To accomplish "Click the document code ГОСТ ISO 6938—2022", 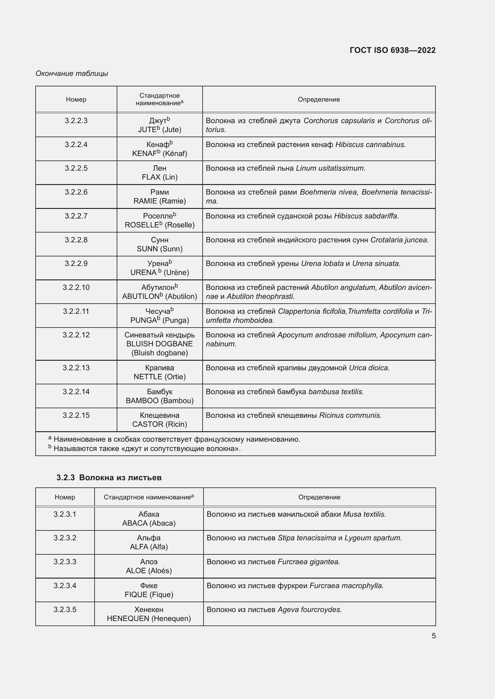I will pyautogui.click(x=393, y=50).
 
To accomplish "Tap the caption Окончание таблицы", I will pyautogui.click(x=72, y=74).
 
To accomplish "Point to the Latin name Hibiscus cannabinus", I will pyautogui.click(x=370, y=145).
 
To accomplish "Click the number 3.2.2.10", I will pyautogui.click(x=76, y=287).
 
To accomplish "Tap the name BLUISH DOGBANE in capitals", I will pyautogui.click(x=160, y=344).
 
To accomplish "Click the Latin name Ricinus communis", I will pyautogui.click(x=350, y=415).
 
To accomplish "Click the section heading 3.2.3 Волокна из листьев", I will pyautogui.click(x=109, y=477).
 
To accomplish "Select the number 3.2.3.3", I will pyautogui.click(x=65, y=562).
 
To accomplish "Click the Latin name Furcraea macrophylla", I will pyautogui.click(x=346, y=585).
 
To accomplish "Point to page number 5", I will pyautogui.click(x=433, y=636).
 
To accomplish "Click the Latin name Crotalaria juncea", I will pyautogui.click(x=399, y=240).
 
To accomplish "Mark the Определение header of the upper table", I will pyautogui.click(x=318, y=100).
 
